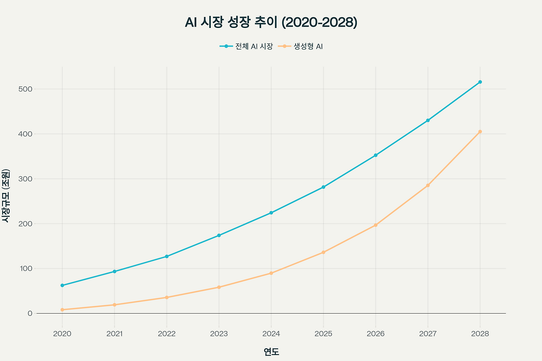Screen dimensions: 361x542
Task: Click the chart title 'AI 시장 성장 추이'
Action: coord(271,22)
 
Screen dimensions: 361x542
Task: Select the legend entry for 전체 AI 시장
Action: coord(246,46)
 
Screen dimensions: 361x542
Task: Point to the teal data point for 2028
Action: coord(480,82)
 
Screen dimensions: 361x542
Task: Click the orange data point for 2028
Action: coord(480,132)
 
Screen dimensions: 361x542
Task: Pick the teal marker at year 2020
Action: coord(62,285)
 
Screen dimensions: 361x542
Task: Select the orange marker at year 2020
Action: coord(62,310)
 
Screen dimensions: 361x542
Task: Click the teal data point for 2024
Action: coord(271,213)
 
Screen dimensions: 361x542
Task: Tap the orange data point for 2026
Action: coord(376,225)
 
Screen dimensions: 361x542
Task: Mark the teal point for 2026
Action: coord(376,155)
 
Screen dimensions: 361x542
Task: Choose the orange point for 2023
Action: coord(219,287)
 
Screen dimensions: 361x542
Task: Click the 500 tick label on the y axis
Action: coord(25,89)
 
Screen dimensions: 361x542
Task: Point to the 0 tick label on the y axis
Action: coord(30,314)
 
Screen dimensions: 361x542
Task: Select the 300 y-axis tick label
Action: coord(25,179)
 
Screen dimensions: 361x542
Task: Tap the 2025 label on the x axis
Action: coord(323,334)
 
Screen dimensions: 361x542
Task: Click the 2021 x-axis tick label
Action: coord(114,334)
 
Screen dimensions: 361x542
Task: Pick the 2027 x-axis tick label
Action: coord(428,334)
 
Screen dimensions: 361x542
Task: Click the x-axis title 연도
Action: coord(271,352)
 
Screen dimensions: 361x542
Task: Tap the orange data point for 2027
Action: coord(428,185)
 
